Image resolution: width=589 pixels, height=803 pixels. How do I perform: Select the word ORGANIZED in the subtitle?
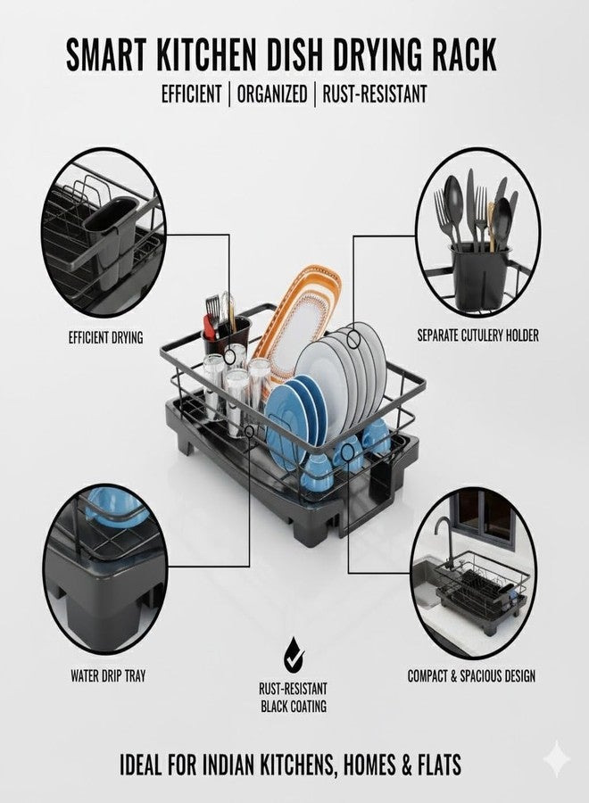tap(272, 95)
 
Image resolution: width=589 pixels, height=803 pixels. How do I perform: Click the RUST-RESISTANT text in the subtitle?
tap(375, 95)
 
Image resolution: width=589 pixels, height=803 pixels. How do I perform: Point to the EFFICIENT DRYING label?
tap(105, 337)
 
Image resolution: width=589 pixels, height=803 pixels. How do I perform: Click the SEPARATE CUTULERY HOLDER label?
tap(477, 335)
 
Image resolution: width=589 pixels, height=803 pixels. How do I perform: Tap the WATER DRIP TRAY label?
tap(108, 676)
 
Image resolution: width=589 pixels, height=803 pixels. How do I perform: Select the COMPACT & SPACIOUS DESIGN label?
tap(471, 676)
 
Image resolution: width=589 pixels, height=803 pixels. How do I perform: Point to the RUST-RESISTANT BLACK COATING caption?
tap(294, 698)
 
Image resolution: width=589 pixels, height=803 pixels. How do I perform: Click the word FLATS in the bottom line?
tap(437, 765)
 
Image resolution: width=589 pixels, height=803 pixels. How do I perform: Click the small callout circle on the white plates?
tap(353, 338)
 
